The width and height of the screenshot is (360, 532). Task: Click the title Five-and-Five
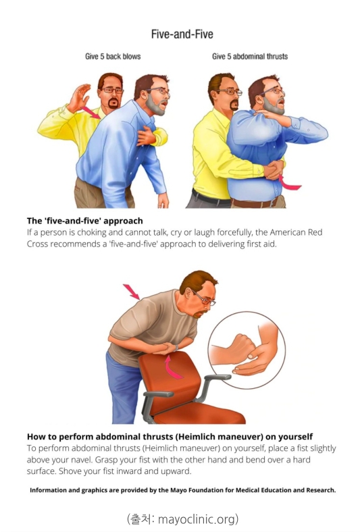pyautogui.click(x=182, y=34)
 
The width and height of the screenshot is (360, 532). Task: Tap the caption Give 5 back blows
pyautogui.click(x=113, y=56)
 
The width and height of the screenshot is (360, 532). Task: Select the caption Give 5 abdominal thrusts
pyautogui.click(x=250, y=56)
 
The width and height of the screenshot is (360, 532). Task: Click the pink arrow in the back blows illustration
pyautogui.click(x=91, y=113)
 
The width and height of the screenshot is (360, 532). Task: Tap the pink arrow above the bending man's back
pyautogui.click(x=131, y=292)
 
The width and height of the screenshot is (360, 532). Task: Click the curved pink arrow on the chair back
pyautogui.click(x=172, y=367)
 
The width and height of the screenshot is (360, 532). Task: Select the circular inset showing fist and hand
pyautogui.click(x=247, y=350)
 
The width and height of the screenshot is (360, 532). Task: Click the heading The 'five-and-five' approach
pyautogui.click(x=85, y=221)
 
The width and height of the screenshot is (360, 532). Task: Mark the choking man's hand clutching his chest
pyautogui.click(x=147, y=136)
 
